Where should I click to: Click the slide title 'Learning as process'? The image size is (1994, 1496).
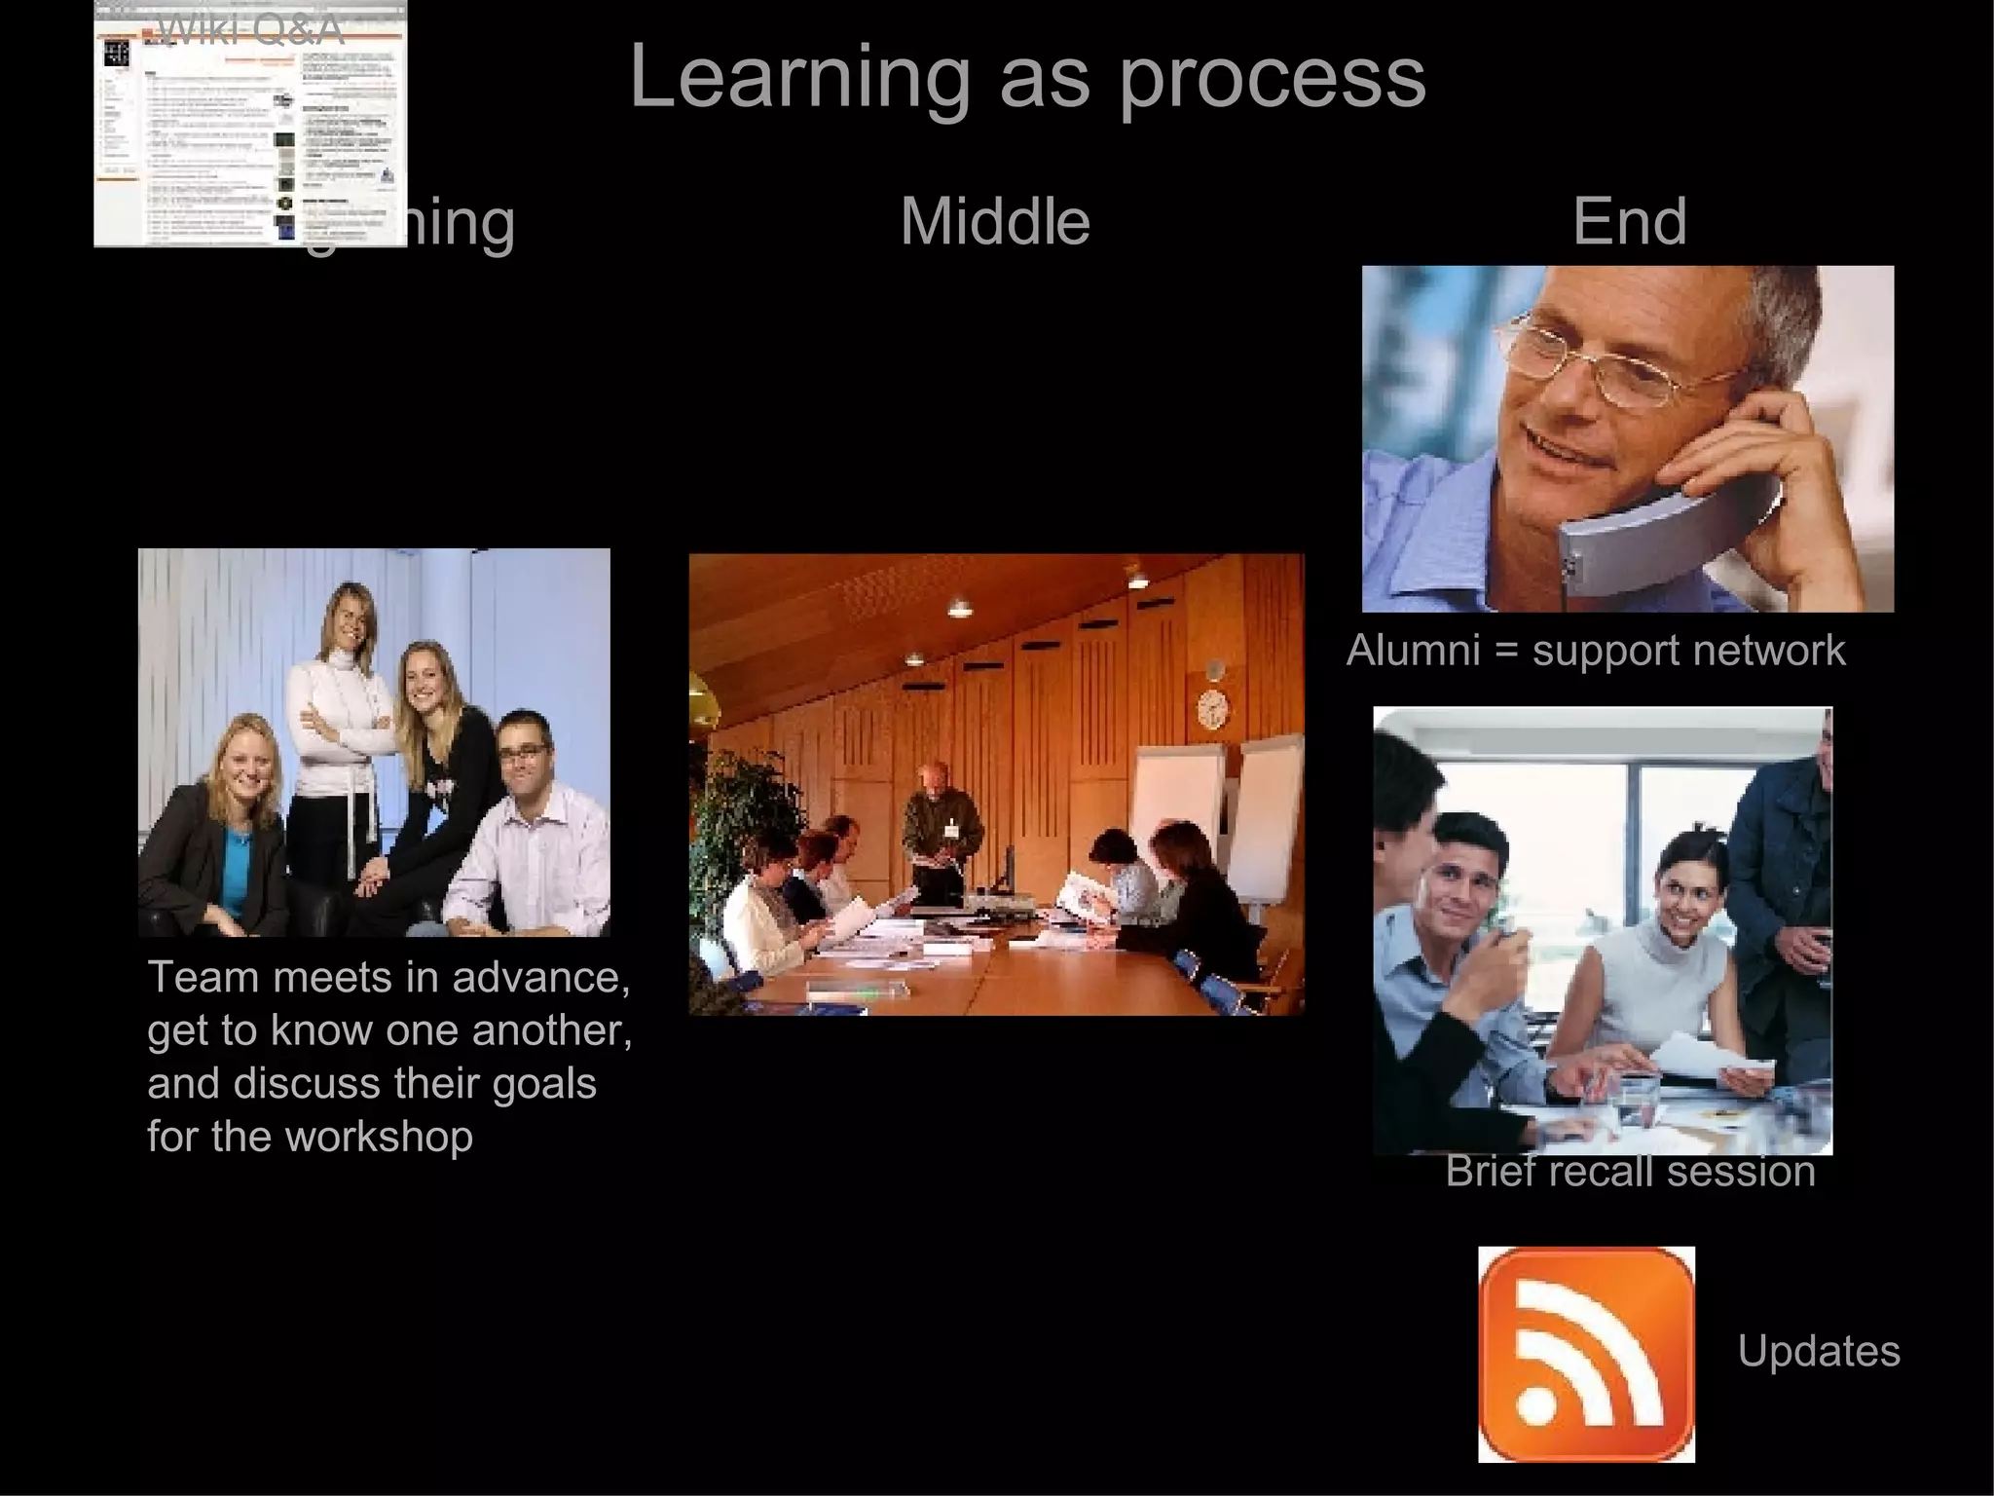[x=1027, y=78]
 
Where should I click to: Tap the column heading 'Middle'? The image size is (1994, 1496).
[x=994, y=222]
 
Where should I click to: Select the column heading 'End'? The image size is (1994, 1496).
[x=1629, y=222]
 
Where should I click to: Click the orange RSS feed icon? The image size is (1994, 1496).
[x=1586, y=1354]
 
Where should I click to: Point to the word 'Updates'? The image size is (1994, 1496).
[x=1818, y=1352]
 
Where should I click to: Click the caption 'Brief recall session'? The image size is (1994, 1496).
[x=1630, y=1172]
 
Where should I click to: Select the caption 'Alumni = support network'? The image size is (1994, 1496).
[x=1595, y=651]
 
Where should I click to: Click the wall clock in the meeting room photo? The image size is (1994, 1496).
[x=1212, y=707]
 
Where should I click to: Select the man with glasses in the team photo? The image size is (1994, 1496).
[x=526, y=828]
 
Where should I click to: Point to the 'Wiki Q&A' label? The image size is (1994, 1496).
[x=249, y=31]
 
